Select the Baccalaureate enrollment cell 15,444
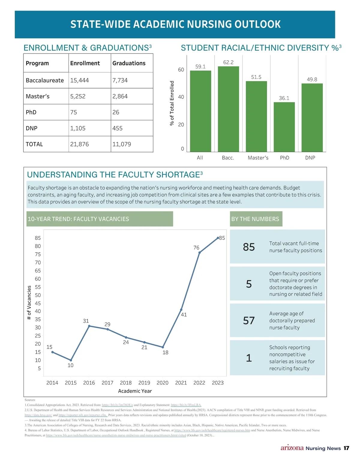(79, 80)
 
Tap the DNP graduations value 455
(117, 128)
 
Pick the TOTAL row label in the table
(34, 144)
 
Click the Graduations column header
(129, 63)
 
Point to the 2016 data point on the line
(89, 326)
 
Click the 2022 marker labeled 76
(199, 253)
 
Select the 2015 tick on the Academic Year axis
(71, 383)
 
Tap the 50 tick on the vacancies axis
(38, 295)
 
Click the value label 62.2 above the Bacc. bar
(228, 62)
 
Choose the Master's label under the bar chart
(258, 158)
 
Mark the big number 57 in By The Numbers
(249, 321)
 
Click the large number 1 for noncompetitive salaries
(249, 358)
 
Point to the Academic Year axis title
(135, 391)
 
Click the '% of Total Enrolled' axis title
(172, 103)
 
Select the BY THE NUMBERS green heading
(255, 219)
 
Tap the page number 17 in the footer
(346, 448)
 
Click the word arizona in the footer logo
(292, 448)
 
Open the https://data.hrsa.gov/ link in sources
(38, 415)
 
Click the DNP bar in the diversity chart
(312, 118)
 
